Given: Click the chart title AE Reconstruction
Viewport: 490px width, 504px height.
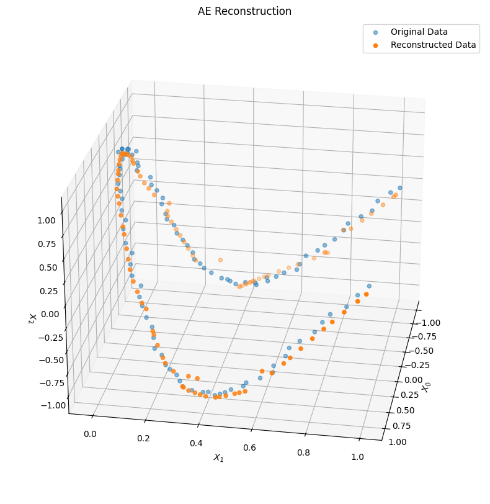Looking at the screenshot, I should pos(244,11).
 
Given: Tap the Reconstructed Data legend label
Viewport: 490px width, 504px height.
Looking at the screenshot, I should pos(433,45).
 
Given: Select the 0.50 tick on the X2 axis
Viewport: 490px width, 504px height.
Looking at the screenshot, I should pos(47,268).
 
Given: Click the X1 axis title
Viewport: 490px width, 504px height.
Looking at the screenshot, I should pos(218,457).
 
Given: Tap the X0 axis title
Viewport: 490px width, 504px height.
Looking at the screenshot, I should pos(427,387).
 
